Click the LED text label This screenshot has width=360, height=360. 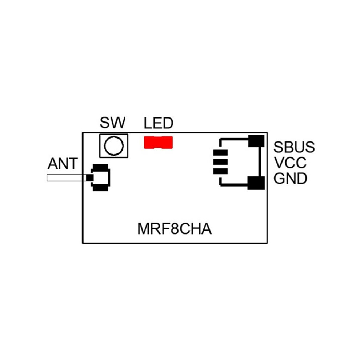(x=159, y=123)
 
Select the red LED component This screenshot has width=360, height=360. (x=158, y=142)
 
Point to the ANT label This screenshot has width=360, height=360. (x=63, y=164)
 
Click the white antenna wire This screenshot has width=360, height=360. (x=66, y=178)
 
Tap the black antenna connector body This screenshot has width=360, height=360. (x=101, y=177)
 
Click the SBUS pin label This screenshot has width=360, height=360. (x=294, y=147)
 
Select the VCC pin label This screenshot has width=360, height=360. (x=290, y=163)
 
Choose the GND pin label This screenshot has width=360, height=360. (x=291, y=179)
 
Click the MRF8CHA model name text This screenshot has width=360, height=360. (x=175, y=229)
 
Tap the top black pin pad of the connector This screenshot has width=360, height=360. (x=220, y=153)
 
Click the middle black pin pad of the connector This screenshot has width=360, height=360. (x=220, y=162)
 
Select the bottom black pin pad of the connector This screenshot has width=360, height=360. (x=220, y=171)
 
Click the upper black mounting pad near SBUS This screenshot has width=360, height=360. (x=256, y=141)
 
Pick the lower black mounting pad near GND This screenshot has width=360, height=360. (x=256, y=183)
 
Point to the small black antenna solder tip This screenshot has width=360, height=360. (x=89, y=178)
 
